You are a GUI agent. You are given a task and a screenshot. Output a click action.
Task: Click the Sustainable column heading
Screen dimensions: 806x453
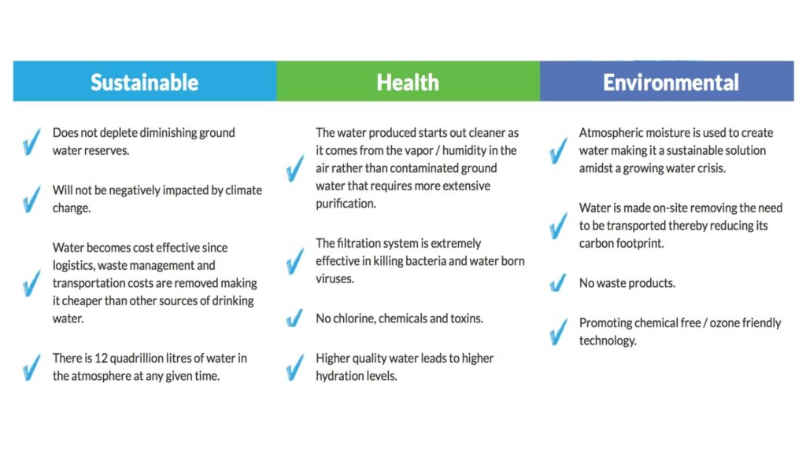(145, 82)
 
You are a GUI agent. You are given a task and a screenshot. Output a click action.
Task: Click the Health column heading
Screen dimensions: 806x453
(408, 82)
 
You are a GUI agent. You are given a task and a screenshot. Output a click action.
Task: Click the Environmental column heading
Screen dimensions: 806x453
(671, 82)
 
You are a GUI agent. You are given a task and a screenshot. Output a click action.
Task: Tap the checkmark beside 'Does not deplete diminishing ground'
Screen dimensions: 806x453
(31, 142)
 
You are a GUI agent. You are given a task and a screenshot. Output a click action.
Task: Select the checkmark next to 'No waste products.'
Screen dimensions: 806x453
(558, 282)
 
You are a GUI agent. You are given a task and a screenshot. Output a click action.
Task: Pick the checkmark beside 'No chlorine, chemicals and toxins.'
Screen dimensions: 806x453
(295, 319)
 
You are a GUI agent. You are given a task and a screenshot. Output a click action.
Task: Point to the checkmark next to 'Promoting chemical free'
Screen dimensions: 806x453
(558, 332)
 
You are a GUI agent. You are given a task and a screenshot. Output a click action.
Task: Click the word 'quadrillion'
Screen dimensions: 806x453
(135, 359)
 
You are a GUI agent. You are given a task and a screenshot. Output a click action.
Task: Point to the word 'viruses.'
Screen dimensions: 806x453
(335, 279)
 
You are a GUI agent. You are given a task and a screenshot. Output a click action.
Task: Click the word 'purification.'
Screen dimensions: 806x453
(346, 204)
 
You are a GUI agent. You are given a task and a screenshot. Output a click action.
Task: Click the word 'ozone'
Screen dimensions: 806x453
(724, 323)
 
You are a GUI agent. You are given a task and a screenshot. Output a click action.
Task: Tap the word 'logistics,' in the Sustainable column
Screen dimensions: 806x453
(73, 266)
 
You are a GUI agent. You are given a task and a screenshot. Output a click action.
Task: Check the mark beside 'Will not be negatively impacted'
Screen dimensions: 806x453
(31, 199)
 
